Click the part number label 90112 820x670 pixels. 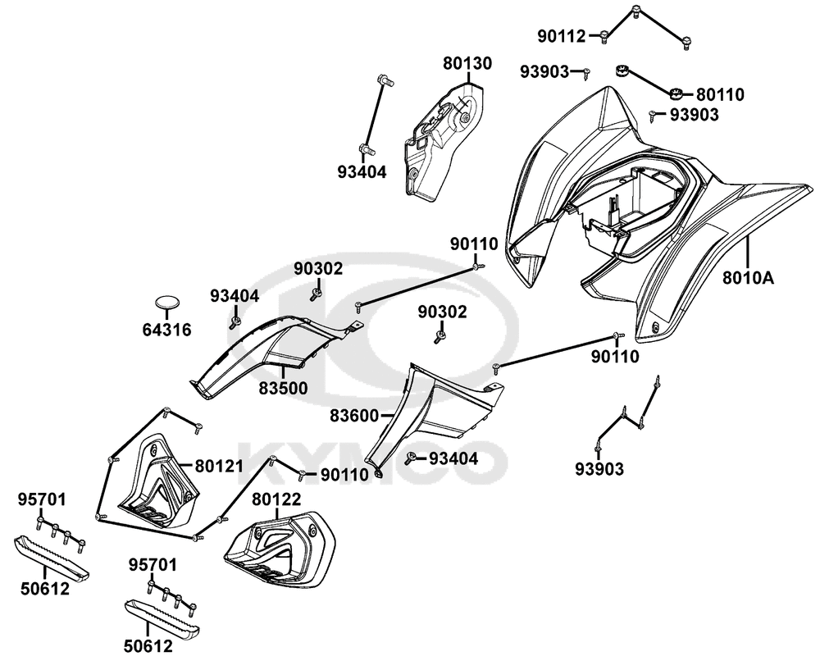561,36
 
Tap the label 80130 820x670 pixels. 468,63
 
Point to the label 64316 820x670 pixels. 167,330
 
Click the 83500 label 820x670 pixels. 284,387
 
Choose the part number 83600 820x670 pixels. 355,416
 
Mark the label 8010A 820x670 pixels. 748,278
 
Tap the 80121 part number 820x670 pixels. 220,465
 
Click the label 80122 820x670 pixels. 276,499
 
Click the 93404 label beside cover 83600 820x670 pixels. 453,458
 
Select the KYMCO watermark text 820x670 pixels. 369,459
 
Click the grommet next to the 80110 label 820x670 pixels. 677,93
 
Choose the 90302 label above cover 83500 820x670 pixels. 320,269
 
